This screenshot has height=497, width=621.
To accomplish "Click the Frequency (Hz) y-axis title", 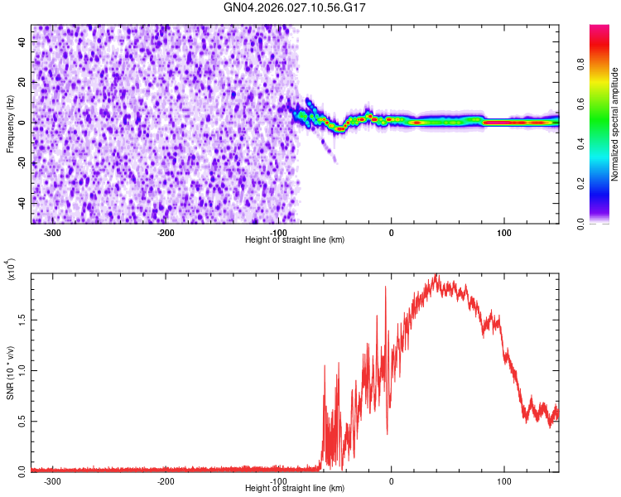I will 11,124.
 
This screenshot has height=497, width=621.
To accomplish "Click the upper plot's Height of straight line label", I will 295,239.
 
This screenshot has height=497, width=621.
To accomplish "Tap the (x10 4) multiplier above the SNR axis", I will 11,268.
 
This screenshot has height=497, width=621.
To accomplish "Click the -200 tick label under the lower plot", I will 165,480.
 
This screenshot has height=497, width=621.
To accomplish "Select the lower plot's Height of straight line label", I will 295,488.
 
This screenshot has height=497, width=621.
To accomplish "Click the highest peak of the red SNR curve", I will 436,275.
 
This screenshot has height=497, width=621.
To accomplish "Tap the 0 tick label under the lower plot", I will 391,480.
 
